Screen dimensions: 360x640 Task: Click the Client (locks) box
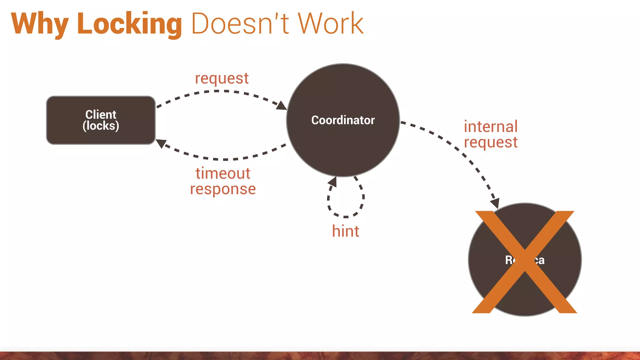pyautogui.click(x=101, y=134)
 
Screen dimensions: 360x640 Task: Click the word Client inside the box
pyautogui.click(x=101, y=114)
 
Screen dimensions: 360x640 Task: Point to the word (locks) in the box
pyautogui.click(x=101, y=126)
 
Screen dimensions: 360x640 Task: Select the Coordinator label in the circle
pyautogui.click(x=343, y=120)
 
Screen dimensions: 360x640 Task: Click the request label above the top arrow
pyautogui.click(x=222, y=78)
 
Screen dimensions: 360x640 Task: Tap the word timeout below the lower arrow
pyautogui.click(x=223, y=173)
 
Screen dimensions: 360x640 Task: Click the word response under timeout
pyautogui.click(x=223, y=189)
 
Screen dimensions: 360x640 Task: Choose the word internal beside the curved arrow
pyautogui.click(x=490, y=127)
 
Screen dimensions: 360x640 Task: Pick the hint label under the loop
pyautogui.click(x=345, y=231)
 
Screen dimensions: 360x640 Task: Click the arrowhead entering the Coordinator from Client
pyautogui.click(x=282, y=106)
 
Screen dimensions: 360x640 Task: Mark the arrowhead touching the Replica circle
pyautogui.click(x=495, y=203)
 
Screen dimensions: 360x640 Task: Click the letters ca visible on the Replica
pyautogui.click(x=539, y=260)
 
